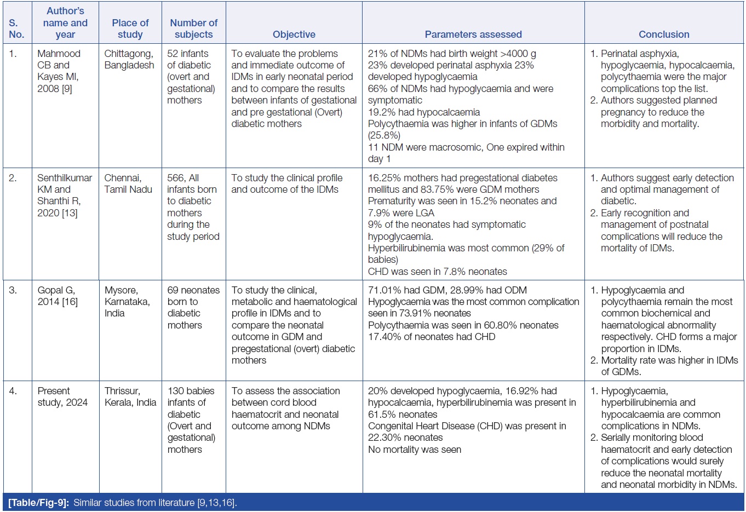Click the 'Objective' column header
[x=294, y=34]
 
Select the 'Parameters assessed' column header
[x=473, y=34]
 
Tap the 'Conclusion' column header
[x=664, y=34]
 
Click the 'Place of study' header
[x=130, y=28]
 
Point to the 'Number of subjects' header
[x=194, y=28]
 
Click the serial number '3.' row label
[x=13, y=290]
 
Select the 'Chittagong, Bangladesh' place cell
[x=129, y=60]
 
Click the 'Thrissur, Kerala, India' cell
[x=130, y=396]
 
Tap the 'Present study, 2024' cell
[x=62, y=396]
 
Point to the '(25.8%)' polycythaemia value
[x=384, y=135]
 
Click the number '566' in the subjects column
[x=176, y=178]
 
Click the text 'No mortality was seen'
[x=415, y=450]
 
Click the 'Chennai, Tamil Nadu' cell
[x=128, y=183]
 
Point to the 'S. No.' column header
[x=16, y=28]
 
